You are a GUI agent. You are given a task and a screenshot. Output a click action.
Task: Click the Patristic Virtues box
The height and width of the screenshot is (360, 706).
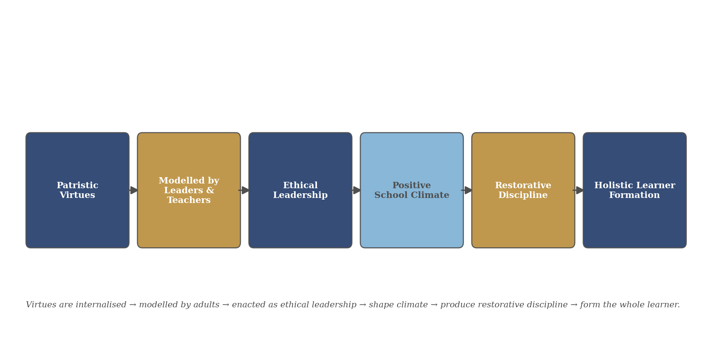[x=77, y=190]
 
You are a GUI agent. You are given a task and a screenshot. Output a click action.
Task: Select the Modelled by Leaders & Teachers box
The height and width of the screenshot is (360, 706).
[x=189, y=190]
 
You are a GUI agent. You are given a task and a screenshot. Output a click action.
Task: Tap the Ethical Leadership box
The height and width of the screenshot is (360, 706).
[x=301, y=190]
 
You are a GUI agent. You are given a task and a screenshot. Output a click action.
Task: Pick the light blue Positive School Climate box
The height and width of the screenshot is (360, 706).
[x=412, y=190]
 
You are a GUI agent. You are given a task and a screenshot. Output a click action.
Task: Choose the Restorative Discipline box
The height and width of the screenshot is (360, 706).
[x=523, y=190]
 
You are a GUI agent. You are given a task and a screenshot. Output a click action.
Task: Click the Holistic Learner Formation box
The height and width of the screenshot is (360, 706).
[x=635, y=190]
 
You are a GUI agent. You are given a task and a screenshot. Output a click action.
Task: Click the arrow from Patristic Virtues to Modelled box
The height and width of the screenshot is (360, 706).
[x=133, y=190]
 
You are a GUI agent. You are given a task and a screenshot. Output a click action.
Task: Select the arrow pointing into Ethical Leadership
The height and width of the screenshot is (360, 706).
[x=244, y=190]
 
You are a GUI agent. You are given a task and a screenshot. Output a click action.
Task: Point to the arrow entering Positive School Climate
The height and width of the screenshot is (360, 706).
[x=356, y=190]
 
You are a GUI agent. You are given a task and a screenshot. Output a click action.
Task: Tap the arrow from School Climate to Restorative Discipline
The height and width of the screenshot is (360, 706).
[x=467, y=190]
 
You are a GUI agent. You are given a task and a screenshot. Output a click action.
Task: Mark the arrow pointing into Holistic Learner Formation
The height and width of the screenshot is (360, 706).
[x=578, y=190]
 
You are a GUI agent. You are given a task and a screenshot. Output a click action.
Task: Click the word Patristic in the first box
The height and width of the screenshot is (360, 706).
[x=77, y=186]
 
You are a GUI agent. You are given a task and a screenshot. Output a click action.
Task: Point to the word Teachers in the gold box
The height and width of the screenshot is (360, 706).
[x=189, y=200]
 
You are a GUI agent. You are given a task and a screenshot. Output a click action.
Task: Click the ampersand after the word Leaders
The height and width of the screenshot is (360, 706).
[x=210, y=191]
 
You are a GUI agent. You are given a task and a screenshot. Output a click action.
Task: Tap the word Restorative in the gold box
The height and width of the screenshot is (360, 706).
[x=523, y=186]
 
